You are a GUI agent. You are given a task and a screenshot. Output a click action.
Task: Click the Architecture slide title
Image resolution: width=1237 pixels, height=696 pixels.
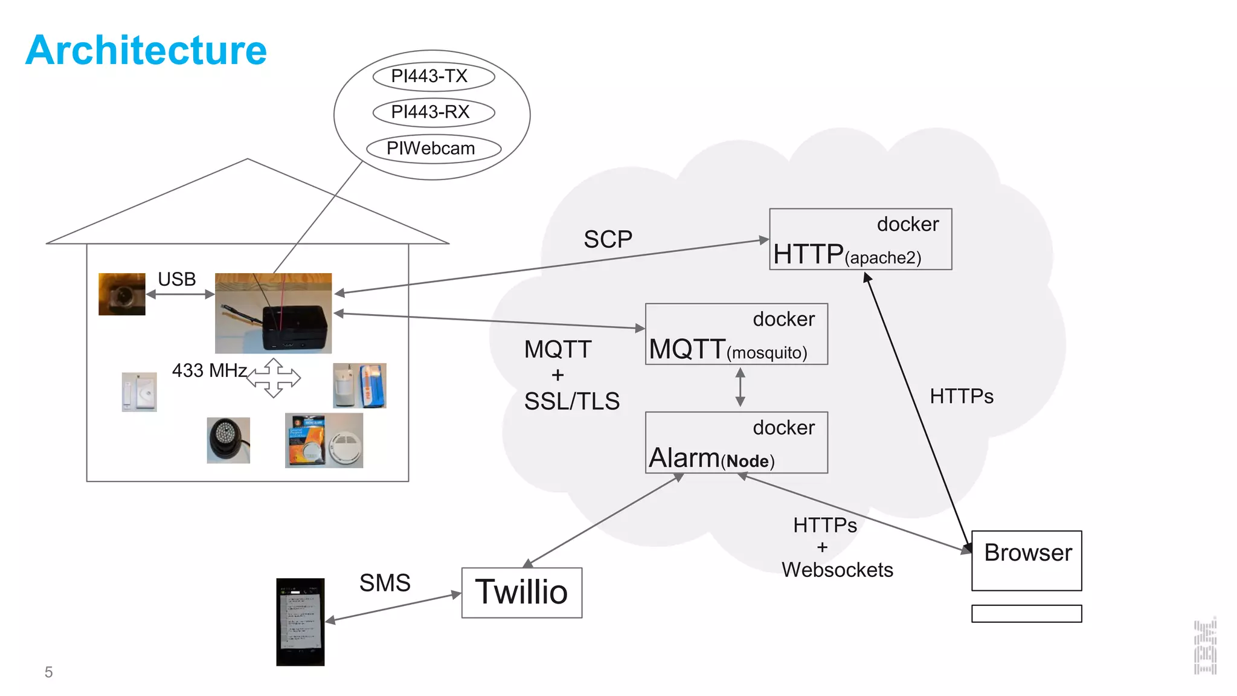(x=146, y=50)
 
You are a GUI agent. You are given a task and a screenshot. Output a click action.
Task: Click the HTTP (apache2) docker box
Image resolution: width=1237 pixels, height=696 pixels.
(x=860, y=239)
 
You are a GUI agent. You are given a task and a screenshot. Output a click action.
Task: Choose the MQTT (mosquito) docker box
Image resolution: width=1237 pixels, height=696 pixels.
(x=736, y=334)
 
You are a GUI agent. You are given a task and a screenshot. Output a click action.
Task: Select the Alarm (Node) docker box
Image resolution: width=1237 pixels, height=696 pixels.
(x=736, y=443)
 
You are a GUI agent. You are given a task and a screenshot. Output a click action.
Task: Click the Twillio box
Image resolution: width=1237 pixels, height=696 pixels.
(x=522, y=593)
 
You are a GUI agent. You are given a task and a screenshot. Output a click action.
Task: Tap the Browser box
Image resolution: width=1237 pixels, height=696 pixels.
(x=1026, y=560)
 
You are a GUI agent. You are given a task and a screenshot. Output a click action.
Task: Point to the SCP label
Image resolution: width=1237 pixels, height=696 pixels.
(x=608, y=240)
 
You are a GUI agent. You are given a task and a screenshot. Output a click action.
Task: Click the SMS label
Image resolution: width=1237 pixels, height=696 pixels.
(x=385, y=583)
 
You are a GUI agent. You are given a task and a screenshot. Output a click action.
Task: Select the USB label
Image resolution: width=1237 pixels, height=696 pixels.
(x=177, y=279)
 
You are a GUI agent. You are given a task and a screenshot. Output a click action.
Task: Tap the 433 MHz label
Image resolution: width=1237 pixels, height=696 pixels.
(x=209, y=370)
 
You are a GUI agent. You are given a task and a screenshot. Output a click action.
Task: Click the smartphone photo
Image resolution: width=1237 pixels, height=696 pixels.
(x=300, y=622)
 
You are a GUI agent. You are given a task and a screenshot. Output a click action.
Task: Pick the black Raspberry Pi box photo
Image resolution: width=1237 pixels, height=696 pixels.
(x=274, y=313)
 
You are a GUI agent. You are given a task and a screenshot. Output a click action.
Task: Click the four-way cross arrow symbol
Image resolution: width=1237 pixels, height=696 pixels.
(x=274, y=378)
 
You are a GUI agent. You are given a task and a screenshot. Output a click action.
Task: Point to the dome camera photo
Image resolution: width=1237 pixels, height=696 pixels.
(x=228, y=440)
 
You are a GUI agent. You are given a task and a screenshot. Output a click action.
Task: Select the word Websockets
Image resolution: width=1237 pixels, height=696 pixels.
(x=837, y=570)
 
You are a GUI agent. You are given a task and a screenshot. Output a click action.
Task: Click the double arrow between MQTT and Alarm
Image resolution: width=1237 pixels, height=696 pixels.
(x=741, y=387)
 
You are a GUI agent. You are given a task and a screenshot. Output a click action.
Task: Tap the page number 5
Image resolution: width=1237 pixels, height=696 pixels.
(x=49, y=672)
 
